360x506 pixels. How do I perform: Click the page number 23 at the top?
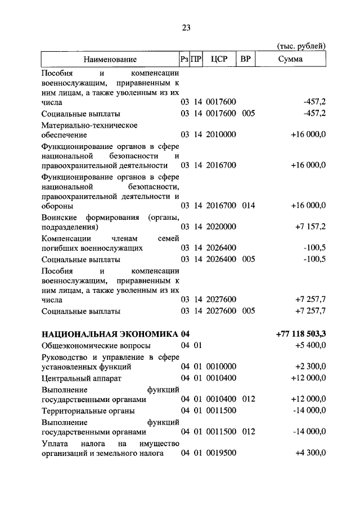187,27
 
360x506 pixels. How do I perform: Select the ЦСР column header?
219,59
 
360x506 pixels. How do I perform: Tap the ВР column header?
245,59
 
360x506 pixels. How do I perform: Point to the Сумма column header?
290,59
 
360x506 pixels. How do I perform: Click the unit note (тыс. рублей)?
303,46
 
